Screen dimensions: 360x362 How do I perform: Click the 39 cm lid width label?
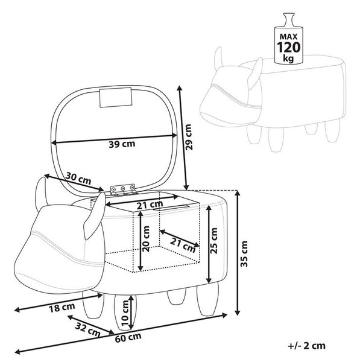[x=122, y=144]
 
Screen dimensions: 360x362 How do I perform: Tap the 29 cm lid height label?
[x=189, y=137]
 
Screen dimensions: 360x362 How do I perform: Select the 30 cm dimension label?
[x=78, y=178]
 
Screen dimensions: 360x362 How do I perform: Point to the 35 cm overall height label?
[x=244, y=254]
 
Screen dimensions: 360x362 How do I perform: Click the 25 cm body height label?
[x=214, y=241]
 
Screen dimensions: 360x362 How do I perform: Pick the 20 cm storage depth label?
[x=146, y=239]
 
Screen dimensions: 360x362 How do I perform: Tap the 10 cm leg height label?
[x=125, y=313]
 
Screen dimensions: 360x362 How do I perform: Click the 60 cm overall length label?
[x=128, y=337]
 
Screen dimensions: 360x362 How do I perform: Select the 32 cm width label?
[x=88, y=329]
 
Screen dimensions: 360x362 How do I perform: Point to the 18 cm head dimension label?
[x=62, y=308]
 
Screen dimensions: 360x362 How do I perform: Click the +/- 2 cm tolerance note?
[x=307, y=346]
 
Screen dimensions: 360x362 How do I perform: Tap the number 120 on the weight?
[x=289, y=47]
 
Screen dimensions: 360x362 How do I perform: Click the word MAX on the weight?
[x=289, y=36]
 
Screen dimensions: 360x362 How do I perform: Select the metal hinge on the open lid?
[x=123, y=189]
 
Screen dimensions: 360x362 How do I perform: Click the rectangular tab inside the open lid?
[x=116, y=97]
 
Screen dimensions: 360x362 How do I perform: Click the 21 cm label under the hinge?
[x=150, y=205]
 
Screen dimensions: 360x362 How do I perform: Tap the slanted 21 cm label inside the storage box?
[x=183, y=245]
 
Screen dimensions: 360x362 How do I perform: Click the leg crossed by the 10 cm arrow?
[x=125, y=312]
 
